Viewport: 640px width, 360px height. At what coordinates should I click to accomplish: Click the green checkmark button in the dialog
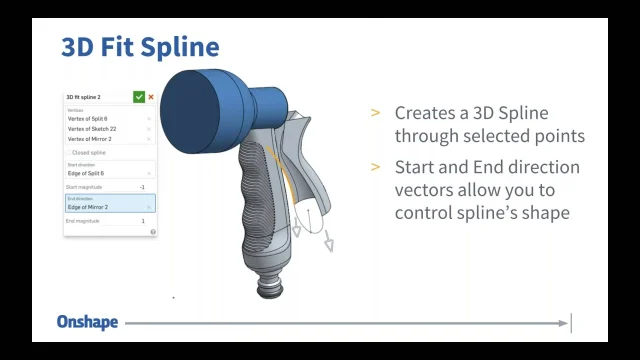[x=139, y=97]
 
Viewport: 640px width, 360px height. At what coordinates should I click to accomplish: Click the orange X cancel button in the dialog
[x=151, y=97]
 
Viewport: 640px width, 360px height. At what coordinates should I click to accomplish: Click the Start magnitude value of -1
[x=142, y=187]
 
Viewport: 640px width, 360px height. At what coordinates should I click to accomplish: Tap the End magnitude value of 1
[x=142, y=221]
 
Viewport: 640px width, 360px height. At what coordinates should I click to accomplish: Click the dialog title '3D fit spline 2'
[x=84, y=97]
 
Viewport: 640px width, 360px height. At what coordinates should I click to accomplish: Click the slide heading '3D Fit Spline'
[x=140, y=47]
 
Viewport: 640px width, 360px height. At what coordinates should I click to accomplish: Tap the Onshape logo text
[x=87, y=322]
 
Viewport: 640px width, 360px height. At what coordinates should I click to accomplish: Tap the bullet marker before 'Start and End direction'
[x=375, y=167]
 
